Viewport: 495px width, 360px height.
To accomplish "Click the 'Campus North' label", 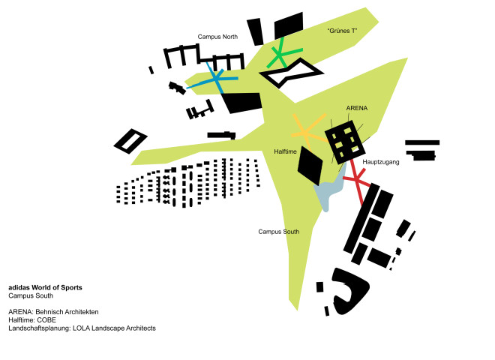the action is [x=217, y=37].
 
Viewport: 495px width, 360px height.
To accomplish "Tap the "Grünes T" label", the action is [x=342, y=31].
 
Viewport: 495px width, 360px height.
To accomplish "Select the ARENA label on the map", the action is [x=357, y=108].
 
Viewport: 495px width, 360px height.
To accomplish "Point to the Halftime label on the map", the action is [x=285, y=151].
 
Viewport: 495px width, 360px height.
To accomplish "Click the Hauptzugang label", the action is [x=381, y=162].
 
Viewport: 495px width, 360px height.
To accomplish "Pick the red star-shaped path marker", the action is [x=357, y=180].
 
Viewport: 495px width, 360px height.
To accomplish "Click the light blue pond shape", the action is [x=328, y=190].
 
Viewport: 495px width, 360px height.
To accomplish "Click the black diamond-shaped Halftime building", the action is [x=310, y=165].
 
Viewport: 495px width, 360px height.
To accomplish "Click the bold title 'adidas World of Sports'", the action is [x=45, y=288].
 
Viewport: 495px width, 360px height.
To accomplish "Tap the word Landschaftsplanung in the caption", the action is [x=40, y=328].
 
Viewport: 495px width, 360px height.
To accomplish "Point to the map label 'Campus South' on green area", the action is [x=279, y=232].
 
